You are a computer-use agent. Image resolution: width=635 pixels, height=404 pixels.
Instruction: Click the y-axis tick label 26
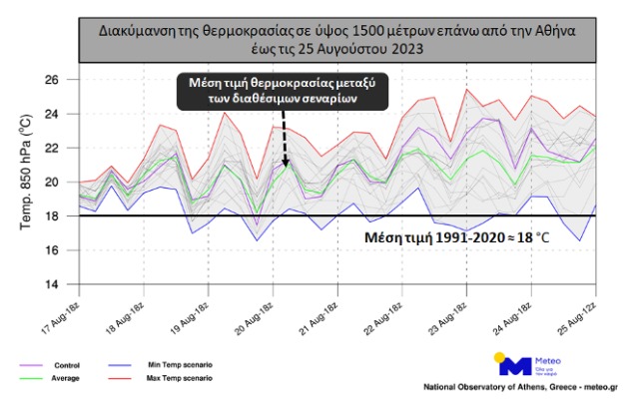pyautogui.click(x=57, y=79)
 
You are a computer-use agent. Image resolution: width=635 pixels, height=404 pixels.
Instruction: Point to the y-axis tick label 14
pyautogui.click(x=57, y=284)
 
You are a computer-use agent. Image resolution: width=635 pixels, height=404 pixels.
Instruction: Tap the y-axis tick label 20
pyautogui.click(x=57, y=182)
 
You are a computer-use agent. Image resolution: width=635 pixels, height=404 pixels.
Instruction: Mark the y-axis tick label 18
pyautogui.click(x=57, y=215)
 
